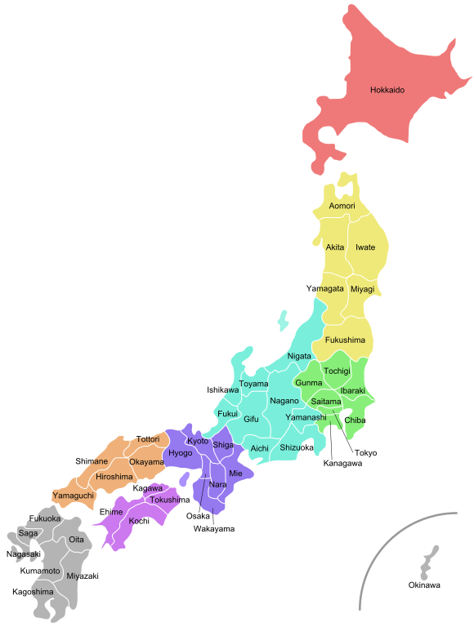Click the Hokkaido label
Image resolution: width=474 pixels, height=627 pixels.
(387, 90)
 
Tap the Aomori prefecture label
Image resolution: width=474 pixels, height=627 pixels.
(342, 206)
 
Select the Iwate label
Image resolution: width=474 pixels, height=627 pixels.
(365, 247)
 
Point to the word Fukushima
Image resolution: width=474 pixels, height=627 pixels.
(345, 340)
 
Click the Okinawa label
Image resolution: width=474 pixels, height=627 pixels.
(424, 585)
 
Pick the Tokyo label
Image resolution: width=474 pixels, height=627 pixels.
(366, 452)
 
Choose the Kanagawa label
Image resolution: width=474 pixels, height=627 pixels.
(342, 464)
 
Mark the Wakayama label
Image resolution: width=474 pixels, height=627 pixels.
(214, 529)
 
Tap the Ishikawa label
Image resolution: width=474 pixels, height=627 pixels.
(223, 390)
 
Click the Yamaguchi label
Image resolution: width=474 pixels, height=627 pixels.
(74, 496)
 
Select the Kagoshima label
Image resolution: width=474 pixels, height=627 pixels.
(34, 591)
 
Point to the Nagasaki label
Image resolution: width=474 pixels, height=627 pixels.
(23, 554)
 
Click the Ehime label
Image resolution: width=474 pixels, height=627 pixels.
(111, 512)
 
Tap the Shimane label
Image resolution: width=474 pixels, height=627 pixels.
(92, 461)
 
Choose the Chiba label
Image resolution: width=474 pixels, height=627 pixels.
(355, 420)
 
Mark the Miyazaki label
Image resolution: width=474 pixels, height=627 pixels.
(83, 576)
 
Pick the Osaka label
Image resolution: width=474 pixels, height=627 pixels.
(198, 516)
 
